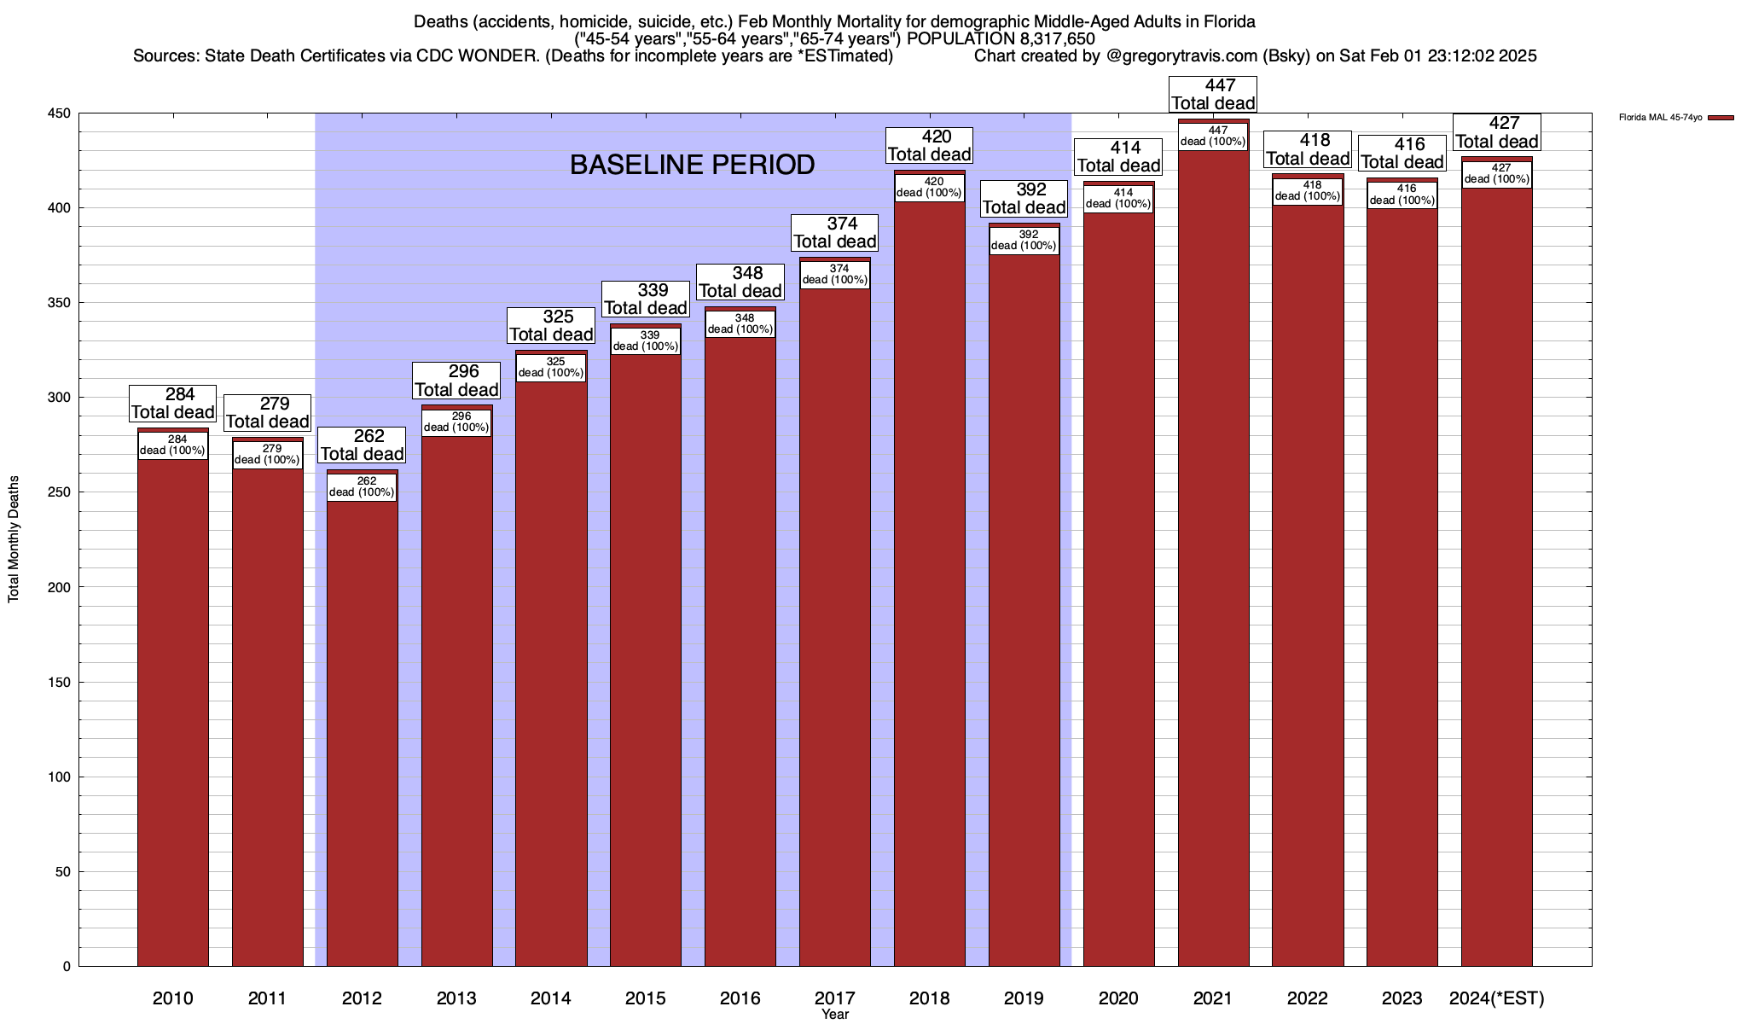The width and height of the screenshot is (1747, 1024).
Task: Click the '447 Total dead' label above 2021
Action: click(x=1213, y=95)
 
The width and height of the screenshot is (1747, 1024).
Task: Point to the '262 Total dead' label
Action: click(x=362, y=445)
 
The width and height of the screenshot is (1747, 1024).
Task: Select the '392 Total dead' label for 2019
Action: click(x=1024, y=198)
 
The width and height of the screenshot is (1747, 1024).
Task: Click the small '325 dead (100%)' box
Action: click(x=551, y=367)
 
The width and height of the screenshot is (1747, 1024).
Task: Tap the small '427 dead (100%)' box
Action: click(x=1497, y=173)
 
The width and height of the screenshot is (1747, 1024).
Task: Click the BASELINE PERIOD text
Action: click(x=692, y=165)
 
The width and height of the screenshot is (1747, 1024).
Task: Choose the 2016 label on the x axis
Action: click(x=740, y=998)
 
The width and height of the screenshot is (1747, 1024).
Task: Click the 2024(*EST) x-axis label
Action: click(x=1497, y=998)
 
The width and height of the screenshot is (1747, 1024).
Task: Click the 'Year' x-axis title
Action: click(x=835, y=1015)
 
